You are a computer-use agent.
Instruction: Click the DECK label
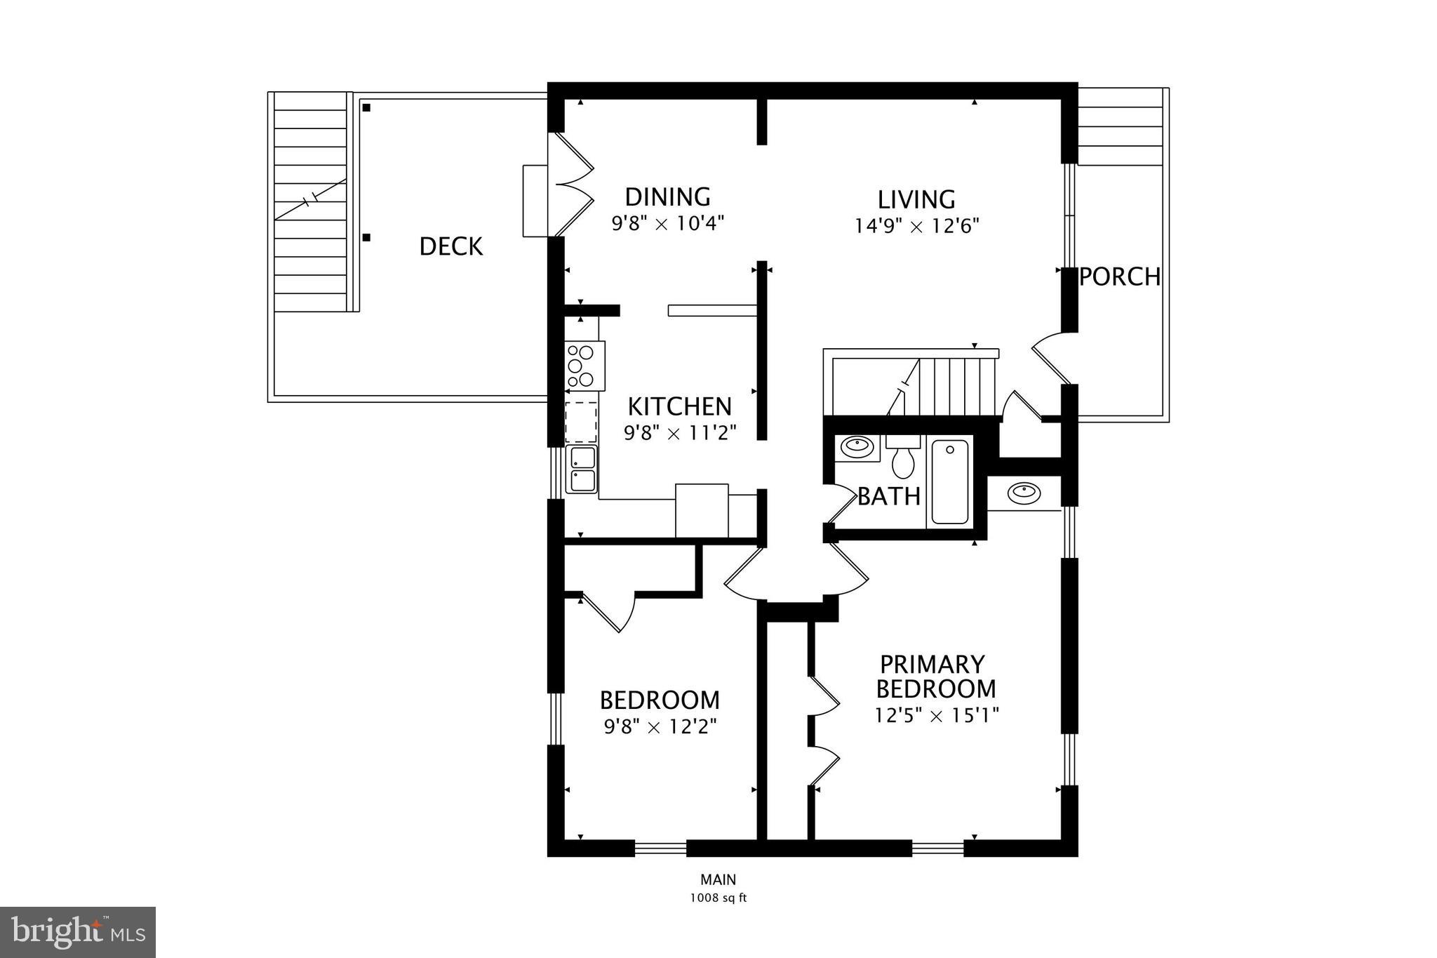(x=450, y=246)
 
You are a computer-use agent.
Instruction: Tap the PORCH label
(x=1119, y=277)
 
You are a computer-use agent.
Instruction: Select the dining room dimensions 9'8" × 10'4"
(x=667, y=224)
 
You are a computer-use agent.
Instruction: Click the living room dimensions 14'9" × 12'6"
(x=916, y=226)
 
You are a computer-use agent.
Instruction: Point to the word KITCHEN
(x=679, y=406)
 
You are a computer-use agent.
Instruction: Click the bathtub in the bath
(x=949, y=481)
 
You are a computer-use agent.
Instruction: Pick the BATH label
(x=888, y=496)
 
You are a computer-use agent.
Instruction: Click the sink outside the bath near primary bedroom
(x=1024, y=493)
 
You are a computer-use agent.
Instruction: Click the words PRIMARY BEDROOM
(x=935, y=676)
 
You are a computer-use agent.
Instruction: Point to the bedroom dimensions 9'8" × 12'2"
(x=660, y=726)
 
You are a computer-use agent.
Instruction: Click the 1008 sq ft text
(x=718, y=898)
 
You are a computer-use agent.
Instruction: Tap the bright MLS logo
(x=78, y=932)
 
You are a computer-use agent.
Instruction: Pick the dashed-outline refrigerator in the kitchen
(x=581, y=422)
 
